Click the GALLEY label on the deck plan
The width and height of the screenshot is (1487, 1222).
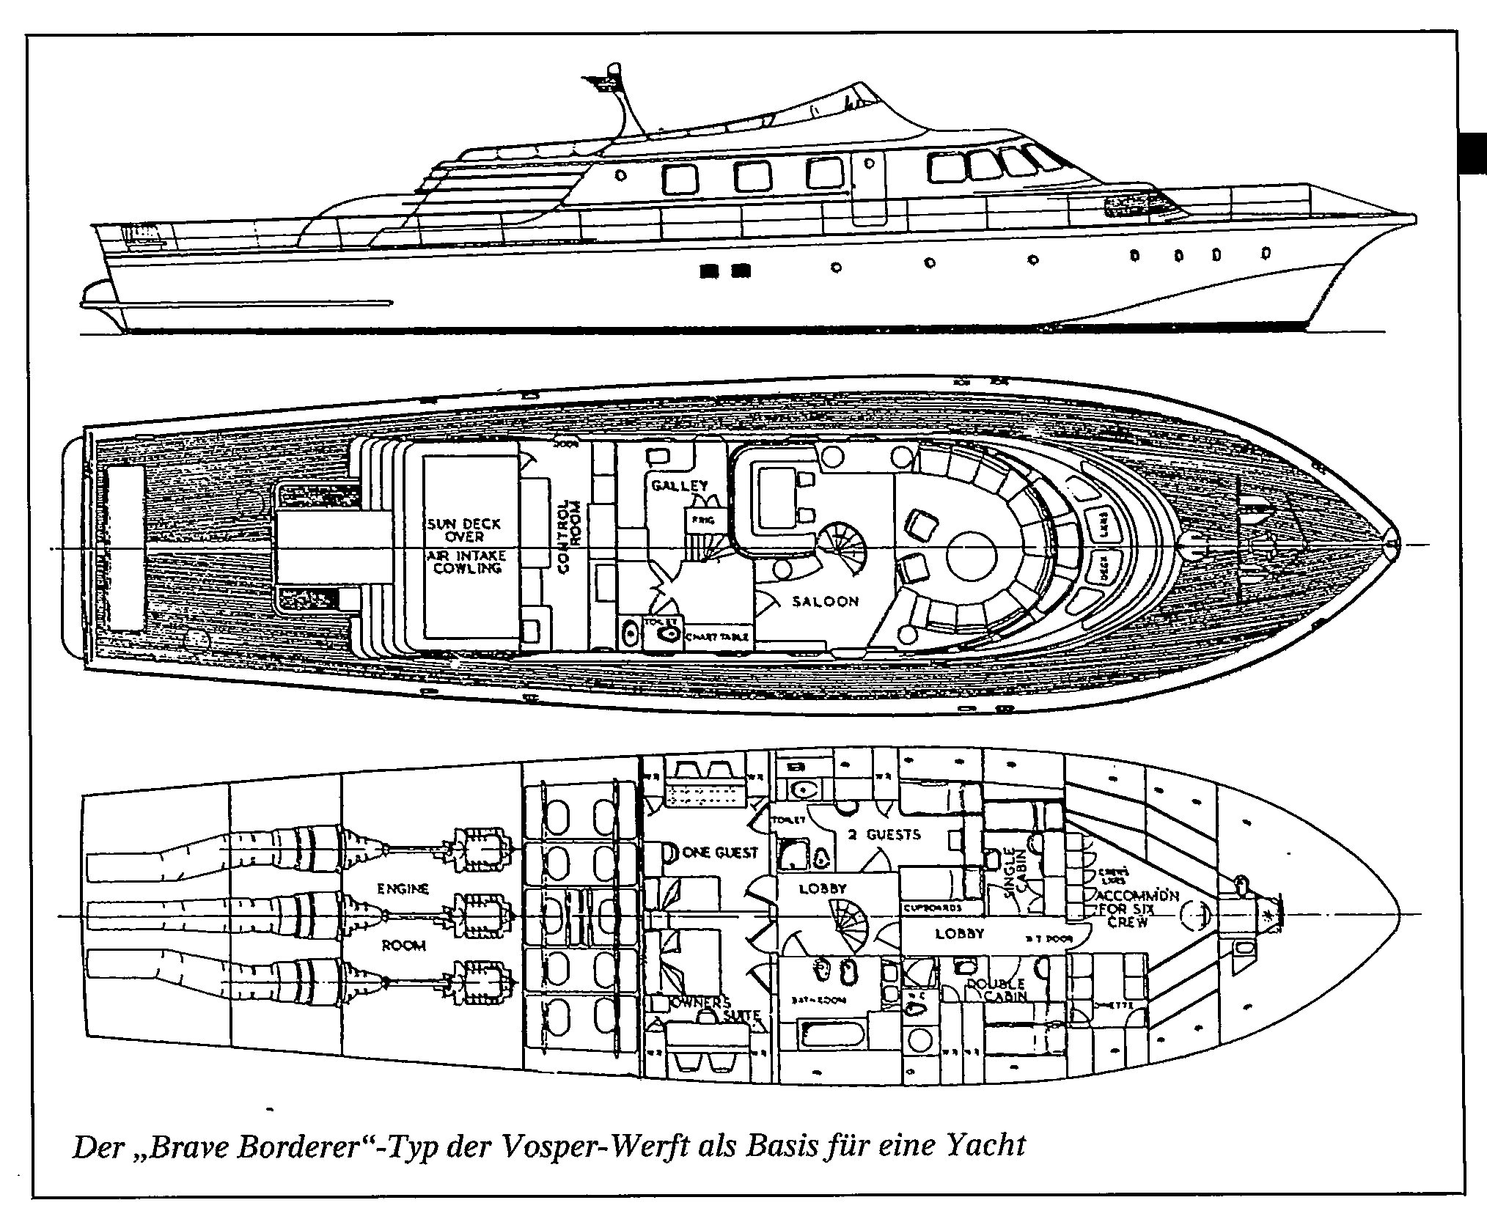click(680, 485)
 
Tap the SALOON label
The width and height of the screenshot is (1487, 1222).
click(825, 601)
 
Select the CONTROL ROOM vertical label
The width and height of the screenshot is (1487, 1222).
click(568, 535)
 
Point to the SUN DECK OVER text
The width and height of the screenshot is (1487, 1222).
click(464, 530)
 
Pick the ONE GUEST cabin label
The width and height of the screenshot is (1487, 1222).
click(719, 852)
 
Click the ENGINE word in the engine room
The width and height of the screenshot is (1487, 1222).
click(403, 888)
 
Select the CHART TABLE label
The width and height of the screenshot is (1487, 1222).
click(717, 637)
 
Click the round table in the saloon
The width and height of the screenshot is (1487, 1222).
click(971, 556)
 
